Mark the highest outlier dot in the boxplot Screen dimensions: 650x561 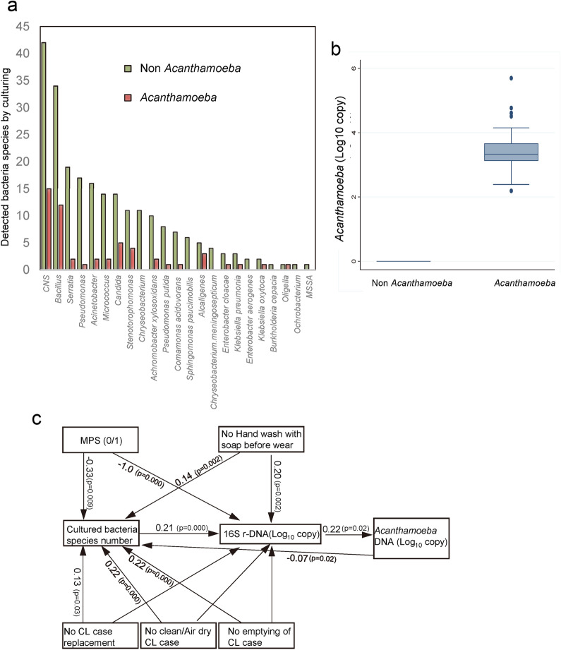pos(512,78)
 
